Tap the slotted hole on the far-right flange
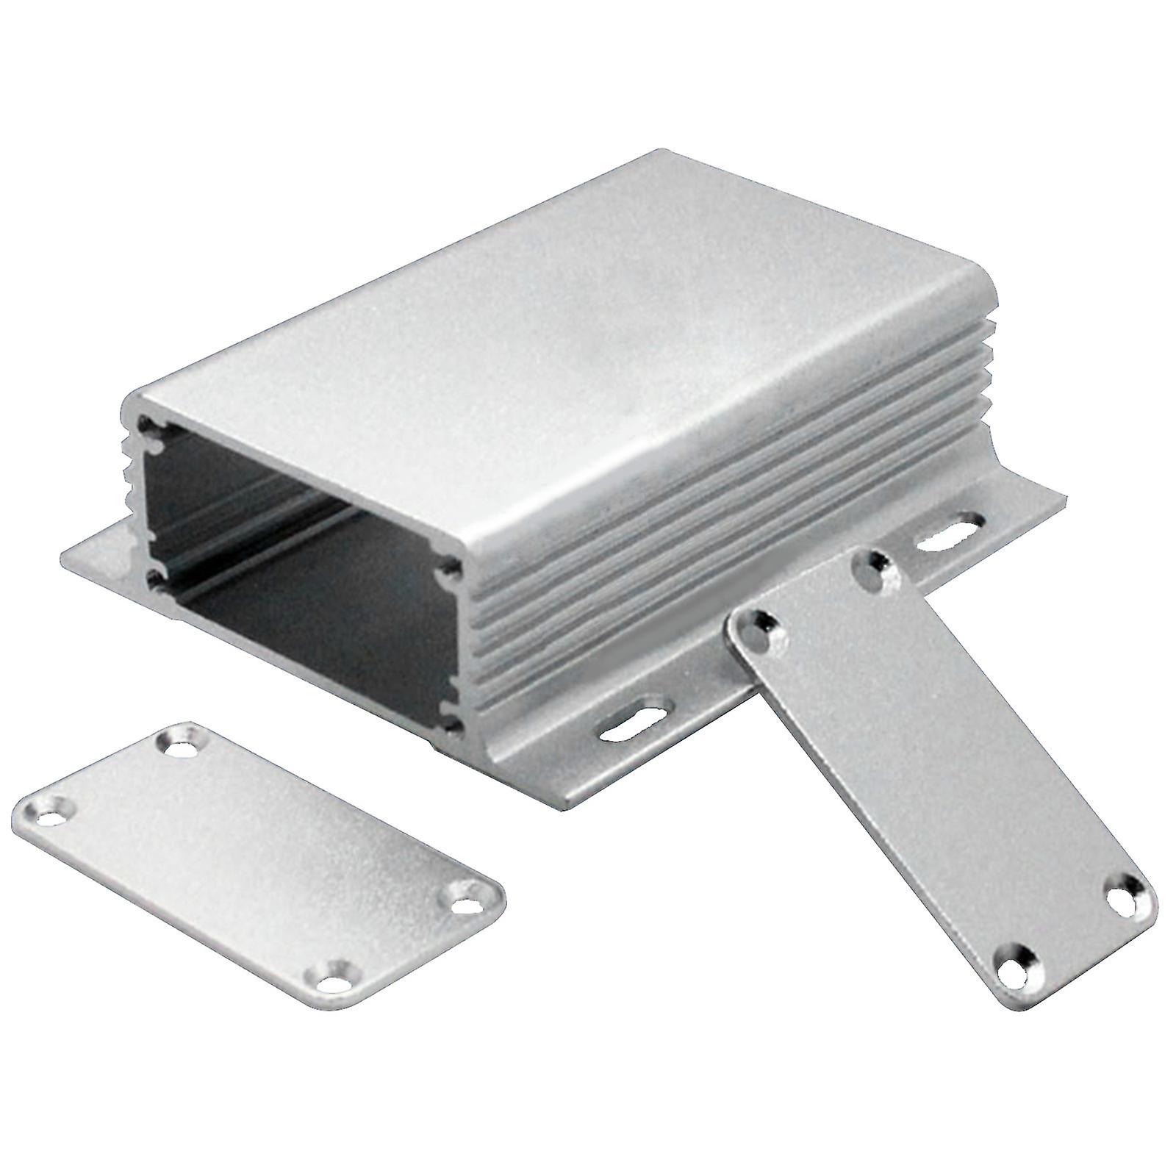tap(948, 534)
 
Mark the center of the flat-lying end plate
tap(257, 860)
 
